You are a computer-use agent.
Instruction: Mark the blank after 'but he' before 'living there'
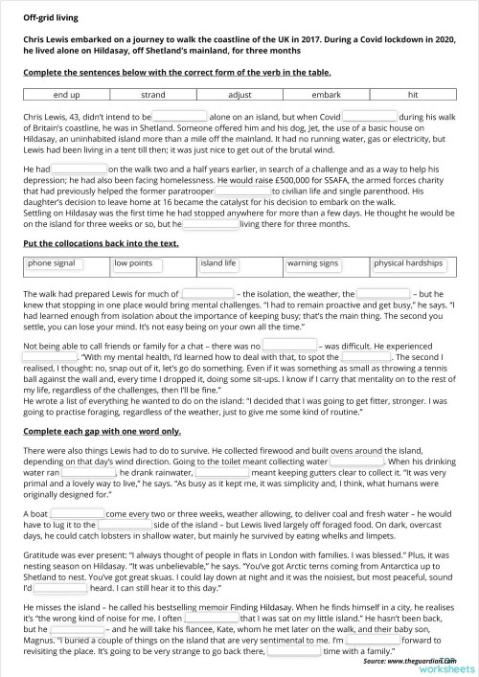click(210, 224)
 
